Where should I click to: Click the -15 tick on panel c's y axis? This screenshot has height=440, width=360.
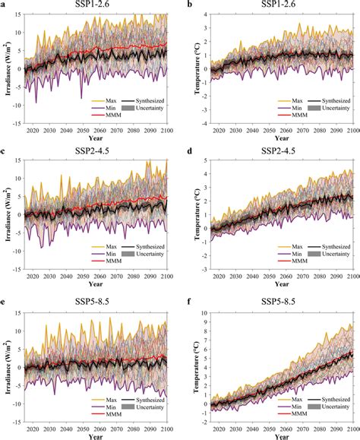[15, 273]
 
